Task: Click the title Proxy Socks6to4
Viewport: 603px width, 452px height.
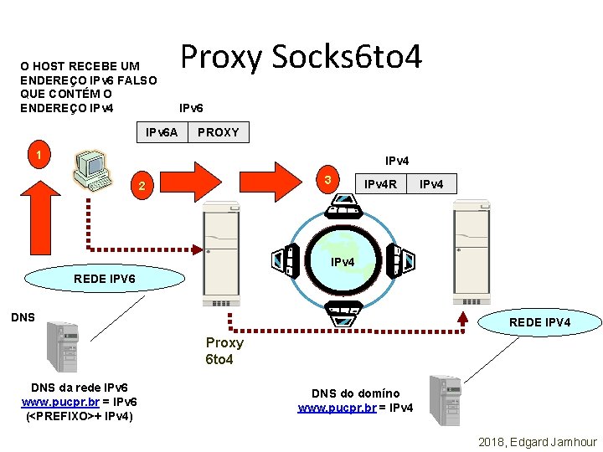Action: [301, 57]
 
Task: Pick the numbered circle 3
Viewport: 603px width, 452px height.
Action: [329, 179]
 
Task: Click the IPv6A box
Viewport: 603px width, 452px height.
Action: [162, 132]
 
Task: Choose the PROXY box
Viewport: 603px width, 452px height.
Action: [219, 132]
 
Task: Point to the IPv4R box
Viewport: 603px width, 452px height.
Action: [379, 182]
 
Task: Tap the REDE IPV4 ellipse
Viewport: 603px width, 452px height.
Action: [540, 322]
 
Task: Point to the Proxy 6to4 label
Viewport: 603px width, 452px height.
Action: [224, 351]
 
